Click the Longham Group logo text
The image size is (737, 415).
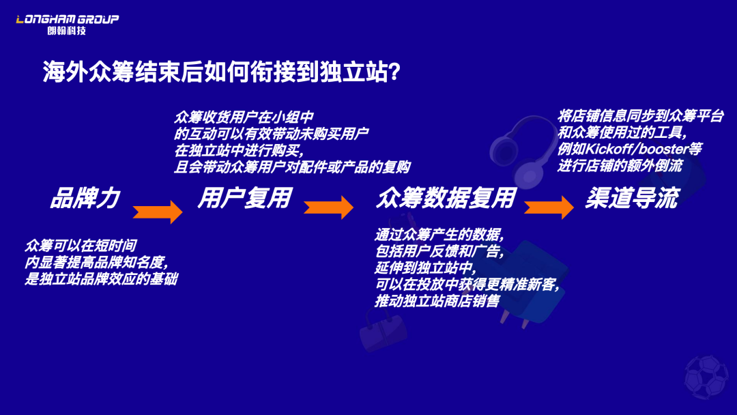pyautogui.click(x=67, y=19)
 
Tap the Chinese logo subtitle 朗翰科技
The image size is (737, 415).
pyautogui.click(x=67, y=31)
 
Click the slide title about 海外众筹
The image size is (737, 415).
pyautogui.click(x=221, y=72)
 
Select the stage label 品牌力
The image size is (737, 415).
pyautogui.click(x=85, y=198)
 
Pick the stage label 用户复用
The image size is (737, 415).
pyautogui.click(x=245, y=198)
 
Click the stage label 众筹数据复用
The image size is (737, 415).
pyautogui.click(x=446, y=198)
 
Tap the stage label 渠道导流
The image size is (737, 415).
pyautogui.click(x=632, y=198)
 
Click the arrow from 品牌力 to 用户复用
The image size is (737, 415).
pyautogui.click(x=158, y=212)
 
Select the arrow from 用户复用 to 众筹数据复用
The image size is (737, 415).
pyautogui.click(x=328, y=207)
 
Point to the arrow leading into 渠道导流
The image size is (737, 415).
pyautogui.click(x=549, y=207)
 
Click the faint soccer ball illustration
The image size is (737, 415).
pyautogui.click(x=706, y=377)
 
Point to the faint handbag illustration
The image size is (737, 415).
pyautogui.click(x=383, y=329)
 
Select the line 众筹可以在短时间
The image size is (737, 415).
pyautogui.click(x=81, y=246)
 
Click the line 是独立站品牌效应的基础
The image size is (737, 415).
pyautogui.click(x=102, y=278)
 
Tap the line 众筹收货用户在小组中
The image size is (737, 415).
pyautogui.click(x=244, y=117)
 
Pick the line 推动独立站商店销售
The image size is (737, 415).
pyautogui.click(x=437, y=301)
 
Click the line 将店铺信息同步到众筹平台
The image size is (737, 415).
pyautogui.click(x=641, y=116)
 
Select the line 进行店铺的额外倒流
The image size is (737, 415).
pyautogui.click(x=620, y=165)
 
